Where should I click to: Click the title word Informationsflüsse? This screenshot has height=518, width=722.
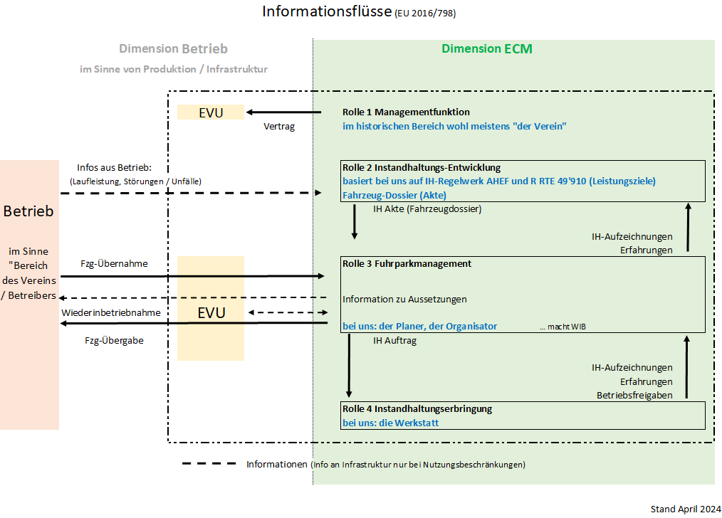click(327, 12)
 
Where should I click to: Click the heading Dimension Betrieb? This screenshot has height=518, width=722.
click(173, 49)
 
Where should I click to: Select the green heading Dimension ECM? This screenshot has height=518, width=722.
click(486, 49)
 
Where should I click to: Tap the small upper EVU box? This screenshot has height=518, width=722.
click(211, 112)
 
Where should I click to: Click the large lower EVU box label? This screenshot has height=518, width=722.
click(211, 313)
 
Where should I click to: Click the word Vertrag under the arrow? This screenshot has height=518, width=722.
click(278, 127)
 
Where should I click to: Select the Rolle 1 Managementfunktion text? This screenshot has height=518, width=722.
click(406, 112)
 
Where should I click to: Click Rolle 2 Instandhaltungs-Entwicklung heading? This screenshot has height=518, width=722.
click(422, 168)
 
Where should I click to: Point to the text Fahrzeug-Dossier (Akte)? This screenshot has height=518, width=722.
click(395, 195)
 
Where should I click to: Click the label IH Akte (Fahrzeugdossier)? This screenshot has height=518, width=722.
click(427, 209)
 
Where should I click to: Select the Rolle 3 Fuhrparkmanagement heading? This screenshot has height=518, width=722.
click(407, 263)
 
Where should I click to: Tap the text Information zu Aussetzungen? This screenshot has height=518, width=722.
click(404, 299)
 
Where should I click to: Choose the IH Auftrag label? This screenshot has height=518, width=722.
click(394, 341)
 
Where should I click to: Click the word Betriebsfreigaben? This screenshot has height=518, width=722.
click(634, 396)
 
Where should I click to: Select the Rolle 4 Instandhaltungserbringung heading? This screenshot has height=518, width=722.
click(417, 409)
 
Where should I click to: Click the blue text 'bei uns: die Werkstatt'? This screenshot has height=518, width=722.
click(390, 423)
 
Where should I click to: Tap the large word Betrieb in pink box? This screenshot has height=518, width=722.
click(28, 211)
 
